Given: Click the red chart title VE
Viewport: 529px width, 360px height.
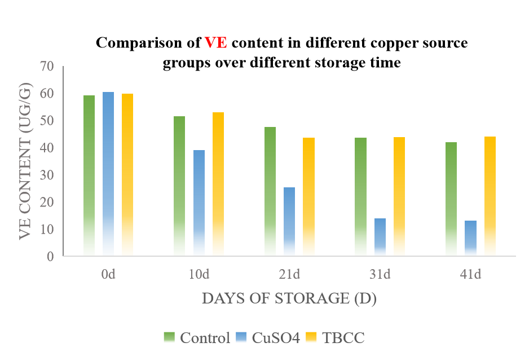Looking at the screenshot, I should [x=215, y=43].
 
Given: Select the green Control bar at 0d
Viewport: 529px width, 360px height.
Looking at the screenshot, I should [x=89, y=175].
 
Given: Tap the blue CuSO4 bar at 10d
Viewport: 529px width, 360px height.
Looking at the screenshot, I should [x=199, y=203].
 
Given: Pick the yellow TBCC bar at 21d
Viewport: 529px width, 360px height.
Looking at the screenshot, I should [x=308, y=197].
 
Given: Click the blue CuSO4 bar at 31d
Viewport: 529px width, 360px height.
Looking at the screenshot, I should [x=380, y=237].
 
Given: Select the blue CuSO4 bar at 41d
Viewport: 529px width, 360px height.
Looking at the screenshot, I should [x=470, y=238].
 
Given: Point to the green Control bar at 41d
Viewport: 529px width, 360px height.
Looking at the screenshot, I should [x=451, y=199].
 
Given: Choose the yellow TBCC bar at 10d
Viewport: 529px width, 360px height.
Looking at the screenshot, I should [x=218, y=184].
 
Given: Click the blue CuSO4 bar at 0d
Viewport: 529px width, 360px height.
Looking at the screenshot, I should [x=108, y=174].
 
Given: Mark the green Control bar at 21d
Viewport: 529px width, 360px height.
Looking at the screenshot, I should [x=270, y=191].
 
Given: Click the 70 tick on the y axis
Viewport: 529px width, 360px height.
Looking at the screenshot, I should [x=47, y=67].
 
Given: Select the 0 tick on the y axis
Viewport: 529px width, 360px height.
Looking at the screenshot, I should [x=50, y=256].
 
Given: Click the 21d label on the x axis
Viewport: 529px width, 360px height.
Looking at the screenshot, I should [x=289, y=275].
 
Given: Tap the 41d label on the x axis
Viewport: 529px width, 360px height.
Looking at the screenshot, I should [x=470, y=275].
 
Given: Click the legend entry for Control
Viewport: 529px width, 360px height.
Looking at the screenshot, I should [x=197, y=338].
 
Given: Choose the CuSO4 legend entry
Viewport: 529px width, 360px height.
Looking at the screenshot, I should [x=268, y=338].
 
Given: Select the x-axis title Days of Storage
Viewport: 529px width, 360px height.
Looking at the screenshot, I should [x=289, y=298].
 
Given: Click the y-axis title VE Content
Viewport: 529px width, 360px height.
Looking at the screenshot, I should [x=25, y=161].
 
